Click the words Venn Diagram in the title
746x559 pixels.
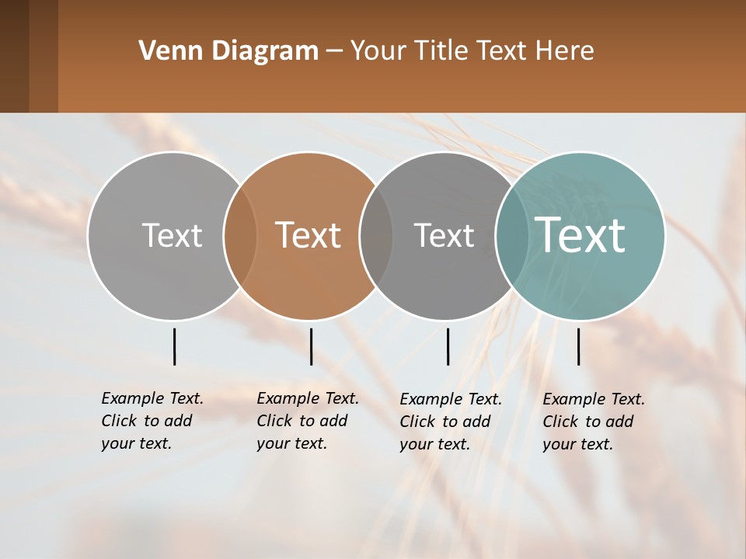tap(228, 51)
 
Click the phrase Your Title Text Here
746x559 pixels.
tap(472, 51)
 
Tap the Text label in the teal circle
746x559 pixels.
tap(580, 234)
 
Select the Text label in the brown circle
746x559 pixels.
tap(308, 235)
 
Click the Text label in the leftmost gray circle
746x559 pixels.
tap(172, 235)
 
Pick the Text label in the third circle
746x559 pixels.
tap(444, 235)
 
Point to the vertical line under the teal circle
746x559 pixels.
tap(579, 346)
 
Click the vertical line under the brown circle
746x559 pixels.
tap(311, 346)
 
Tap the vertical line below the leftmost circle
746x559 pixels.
tap(174, 346)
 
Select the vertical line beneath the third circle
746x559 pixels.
tap(448, 346)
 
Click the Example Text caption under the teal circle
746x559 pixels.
tap(594, 422)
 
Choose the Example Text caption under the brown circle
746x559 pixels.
tap(308, 421)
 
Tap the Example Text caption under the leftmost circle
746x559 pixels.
tap(152, 421)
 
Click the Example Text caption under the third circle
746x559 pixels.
tap(451, 422)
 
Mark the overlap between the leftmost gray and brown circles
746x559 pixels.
tap(240, 236)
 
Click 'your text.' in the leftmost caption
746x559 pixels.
tap(136, 444)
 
